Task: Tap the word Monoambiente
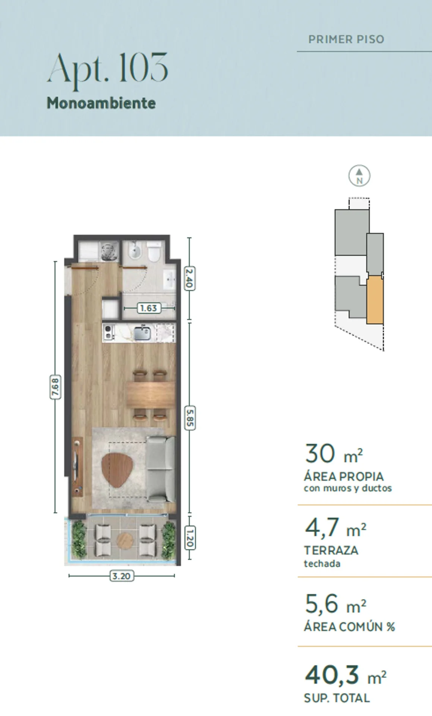point(101,103)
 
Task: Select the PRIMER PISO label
point(346,39)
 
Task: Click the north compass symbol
point(359,176)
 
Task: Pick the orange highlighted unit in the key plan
point(375,300)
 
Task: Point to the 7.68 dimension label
point(55,387)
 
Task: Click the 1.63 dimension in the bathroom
point(149,308)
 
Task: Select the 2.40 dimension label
point(189,278)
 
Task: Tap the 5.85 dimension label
point(190,418)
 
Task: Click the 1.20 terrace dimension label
point(190,537)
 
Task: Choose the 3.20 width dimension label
point(122,576)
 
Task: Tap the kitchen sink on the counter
point(142,333)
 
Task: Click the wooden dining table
point(151,395)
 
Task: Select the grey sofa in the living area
point(161,469)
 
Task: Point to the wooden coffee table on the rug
point(117,470)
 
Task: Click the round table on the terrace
point(125,540)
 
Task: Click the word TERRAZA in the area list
point(331,550)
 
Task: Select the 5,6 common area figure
point(321,604)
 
